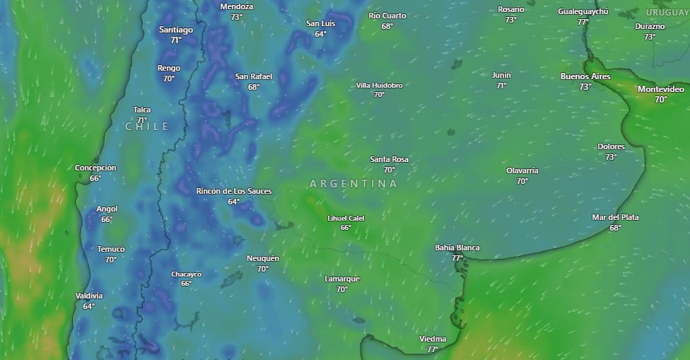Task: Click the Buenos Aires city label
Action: [x=585, y=76]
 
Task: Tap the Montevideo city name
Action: [x=660, y=89]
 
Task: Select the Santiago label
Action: [x=176, y=30]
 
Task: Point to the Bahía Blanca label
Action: [x=457, y=248]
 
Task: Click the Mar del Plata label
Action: [x=615, y=217]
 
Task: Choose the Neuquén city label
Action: [x=263, y=258]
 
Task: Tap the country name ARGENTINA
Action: [x=353, y=183]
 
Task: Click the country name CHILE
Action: [x=147, y=127]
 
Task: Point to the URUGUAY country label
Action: [x=667, y=13]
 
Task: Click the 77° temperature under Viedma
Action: [x=433, y=349]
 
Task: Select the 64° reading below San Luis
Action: [x=320, y=34]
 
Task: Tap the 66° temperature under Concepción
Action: [x=95, y=178]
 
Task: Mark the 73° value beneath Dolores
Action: [x=611, y=157]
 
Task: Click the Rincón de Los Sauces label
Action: [x=234, y=191]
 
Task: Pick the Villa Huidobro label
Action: [x=379, y=86]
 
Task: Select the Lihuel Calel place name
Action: [x=346, y=218]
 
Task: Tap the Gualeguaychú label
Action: [x=583, y=11]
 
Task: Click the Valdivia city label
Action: [x=89, y=296]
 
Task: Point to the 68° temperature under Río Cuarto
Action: [x=387, y=26]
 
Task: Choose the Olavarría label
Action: [x=522, y=170]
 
